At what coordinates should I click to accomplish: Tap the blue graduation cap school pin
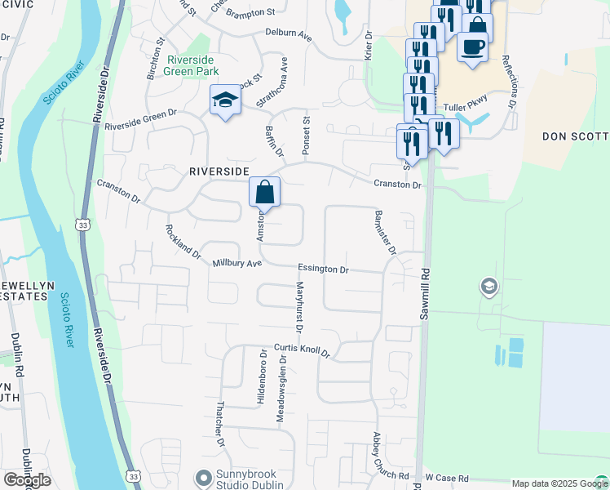coord(225,100)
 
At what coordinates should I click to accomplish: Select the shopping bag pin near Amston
coord(265,194)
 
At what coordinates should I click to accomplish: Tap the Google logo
coord(27,480)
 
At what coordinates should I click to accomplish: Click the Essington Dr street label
coord(323,268)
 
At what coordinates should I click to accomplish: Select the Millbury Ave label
coord(237,264)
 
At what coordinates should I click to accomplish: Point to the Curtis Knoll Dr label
coord(302,350)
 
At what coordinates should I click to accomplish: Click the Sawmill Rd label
coord(424,294)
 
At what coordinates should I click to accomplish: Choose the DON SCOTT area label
coord(575,136)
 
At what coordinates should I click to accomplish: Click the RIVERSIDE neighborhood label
coord(219,171)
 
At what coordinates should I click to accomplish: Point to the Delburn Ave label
coord(289,35)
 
